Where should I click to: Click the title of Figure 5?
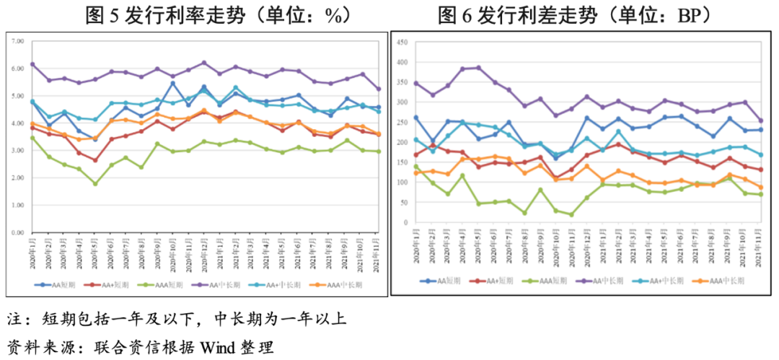(x=195, y=14)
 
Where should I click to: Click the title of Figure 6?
(x=575, y=14)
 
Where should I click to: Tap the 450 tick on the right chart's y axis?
(x=402, y=42)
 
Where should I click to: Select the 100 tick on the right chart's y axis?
(x=402, y=183)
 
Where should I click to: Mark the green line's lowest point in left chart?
(x=94, y=184)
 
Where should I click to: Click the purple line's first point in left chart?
(x=32, y=64)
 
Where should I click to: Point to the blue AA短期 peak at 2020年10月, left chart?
(x=172, y=83)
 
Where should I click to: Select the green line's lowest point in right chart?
(x=571, y=214)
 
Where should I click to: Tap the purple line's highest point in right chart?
(x=478, y=68)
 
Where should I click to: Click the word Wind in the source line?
(x=221, y=347)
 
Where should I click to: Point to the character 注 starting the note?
(x=14, y=319)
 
